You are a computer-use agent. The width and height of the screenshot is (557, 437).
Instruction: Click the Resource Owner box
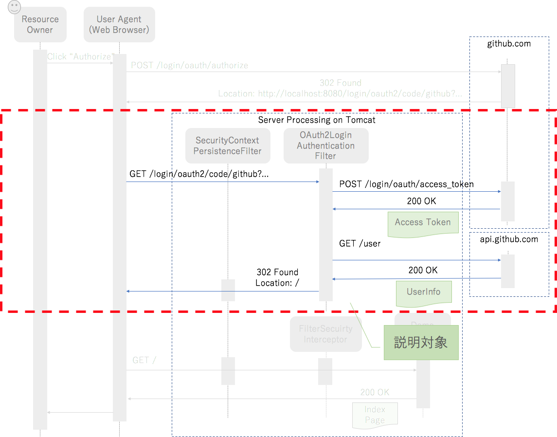tap(40, 25)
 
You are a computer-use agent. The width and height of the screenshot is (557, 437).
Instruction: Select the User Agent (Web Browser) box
tap(119, 25)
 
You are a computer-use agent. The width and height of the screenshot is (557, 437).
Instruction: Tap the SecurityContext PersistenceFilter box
tap(227, 146)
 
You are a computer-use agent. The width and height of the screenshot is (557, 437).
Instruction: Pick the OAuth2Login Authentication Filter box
tap(325, 146)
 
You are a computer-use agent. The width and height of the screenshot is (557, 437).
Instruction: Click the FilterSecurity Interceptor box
tap(325, 334)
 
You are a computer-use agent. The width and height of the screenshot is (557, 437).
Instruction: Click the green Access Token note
tap(423, 223)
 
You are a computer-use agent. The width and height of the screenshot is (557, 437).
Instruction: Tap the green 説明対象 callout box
tap(421, 343)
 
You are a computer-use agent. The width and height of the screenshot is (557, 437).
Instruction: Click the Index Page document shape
tap(375, 415)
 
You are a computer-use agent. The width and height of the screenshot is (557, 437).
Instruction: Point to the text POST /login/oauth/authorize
tap(189, 65)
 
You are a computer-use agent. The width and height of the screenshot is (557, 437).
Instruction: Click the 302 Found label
tap(340, 83)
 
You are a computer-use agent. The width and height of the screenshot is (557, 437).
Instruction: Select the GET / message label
tap(144, 361)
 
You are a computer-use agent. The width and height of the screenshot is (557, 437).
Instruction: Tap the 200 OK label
tap(375, 392)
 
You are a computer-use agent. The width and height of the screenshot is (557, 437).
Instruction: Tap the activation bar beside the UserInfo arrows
tap(507, 271)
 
